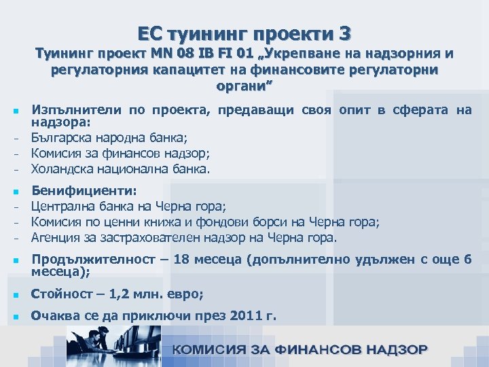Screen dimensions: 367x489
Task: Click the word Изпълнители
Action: [67, 111]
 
